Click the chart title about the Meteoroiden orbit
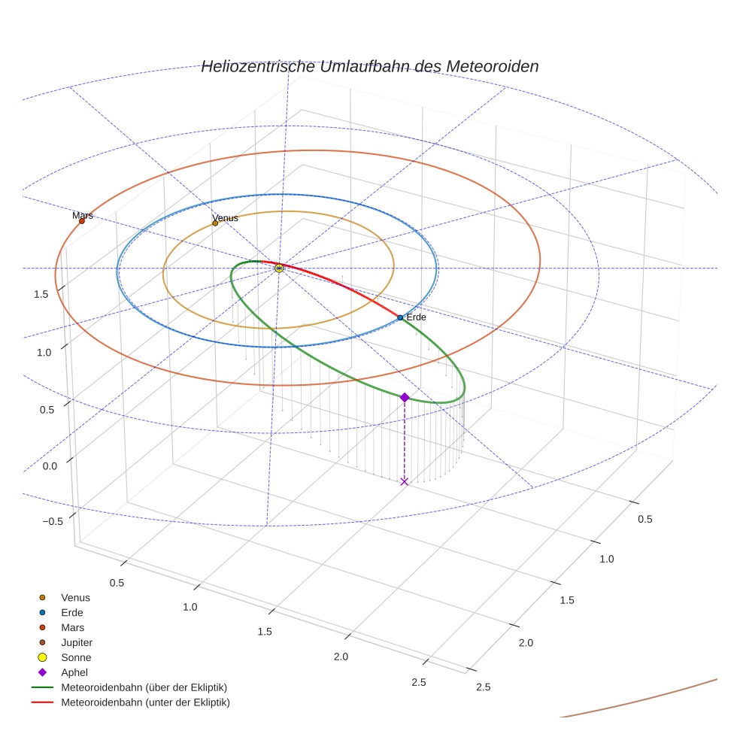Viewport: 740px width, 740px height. [x=369, y=66]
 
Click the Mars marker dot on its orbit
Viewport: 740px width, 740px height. [x=82, y=221]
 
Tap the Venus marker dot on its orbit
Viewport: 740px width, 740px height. [x=215, y=223]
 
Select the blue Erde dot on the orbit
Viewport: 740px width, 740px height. [x=400, y=317]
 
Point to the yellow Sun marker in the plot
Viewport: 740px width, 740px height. [x=279, y=268]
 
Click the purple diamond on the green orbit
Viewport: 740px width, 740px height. [x=405, y=397]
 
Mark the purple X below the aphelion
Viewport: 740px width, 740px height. [x=405, y=481]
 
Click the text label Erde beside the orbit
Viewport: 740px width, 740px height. [x=416, y=317]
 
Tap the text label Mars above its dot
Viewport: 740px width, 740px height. [x=83, y=215]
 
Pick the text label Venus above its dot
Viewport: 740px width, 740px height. [x=225, y=218]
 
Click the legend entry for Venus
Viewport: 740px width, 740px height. [x=75, y=598]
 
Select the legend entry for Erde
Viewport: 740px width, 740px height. [x=72, y=613]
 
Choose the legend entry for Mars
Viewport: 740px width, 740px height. [x=73, y=627]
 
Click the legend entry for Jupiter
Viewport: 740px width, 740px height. [x=77, y=642]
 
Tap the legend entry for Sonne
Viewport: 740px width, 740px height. [x=76, y=657]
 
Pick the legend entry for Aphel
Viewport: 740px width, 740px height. [x=74, y=672]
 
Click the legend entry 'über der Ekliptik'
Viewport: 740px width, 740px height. [x=144, y=687]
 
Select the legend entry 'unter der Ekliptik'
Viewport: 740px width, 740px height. [x=145, y=702]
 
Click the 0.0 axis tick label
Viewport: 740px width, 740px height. [x=49, y=466]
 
